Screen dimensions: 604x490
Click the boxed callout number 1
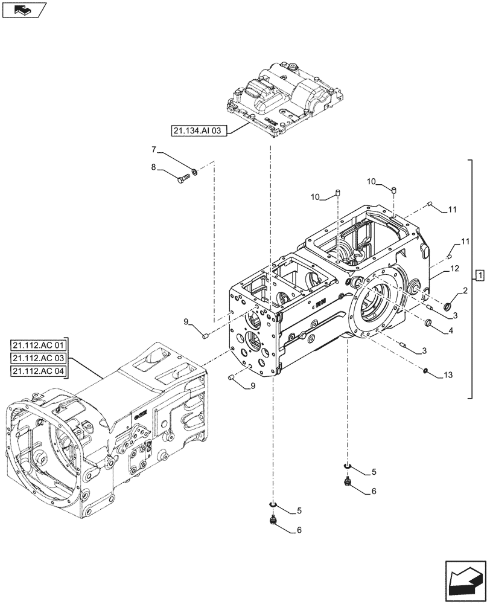point(479,277)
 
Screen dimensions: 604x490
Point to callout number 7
point(154,149)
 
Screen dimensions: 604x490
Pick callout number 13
point(447,376)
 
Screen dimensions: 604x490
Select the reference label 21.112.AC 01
point(40,346)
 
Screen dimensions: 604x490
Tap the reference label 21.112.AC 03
point(40,358)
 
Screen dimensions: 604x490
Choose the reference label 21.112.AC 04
point(40,370)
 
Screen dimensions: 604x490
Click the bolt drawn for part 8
point(183,178)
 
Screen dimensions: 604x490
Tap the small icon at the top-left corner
point(24,10)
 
